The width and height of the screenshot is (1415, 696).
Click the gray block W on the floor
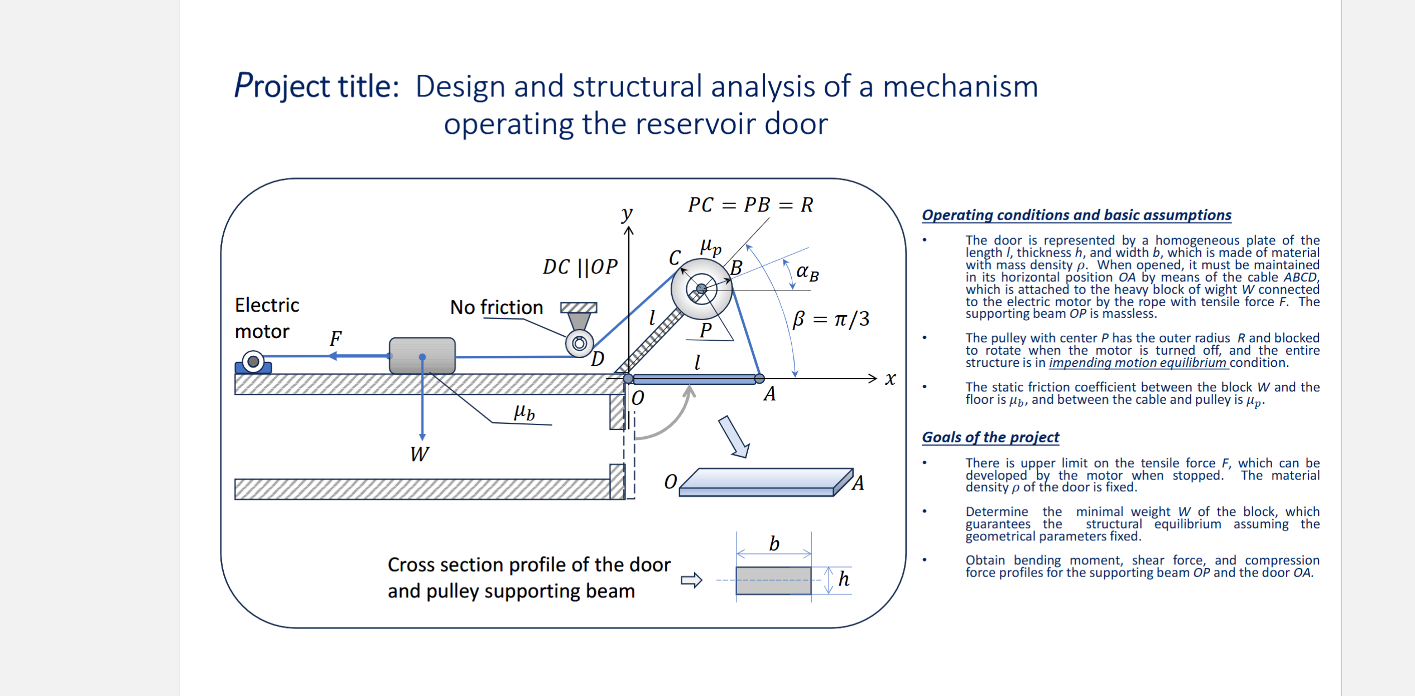pos(422,355)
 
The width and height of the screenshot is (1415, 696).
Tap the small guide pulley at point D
pos(579,344)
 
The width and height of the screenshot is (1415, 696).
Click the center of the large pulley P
pos(701,289)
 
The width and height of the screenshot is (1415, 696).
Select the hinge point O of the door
pos(628,379)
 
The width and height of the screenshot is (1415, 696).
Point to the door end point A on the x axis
pos(759,379)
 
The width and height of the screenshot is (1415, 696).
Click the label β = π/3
pos(831,319)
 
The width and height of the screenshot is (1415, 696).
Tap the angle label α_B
pos(807,273)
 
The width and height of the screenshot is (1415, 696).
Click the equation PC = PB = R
pos(750,205)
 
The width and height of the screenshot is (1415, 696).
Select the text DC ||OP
pos(580,267)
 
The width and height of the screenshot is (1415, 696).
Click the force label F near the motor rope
pos(335,339)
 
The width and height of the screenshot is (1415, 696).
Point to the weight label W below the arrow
pos(419,454)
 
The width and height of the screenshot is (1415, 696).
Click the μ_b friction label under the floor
pos(524,413)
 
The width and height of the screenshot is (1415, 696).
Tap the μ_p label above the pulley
pos(710,246)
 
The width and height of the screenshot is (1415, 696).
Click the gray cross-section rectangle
pos(773,581)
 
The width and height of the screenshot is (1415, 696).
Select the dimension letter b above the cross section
pos(774,544)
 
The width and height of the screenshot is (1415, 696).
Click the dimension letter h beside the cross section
pos(844,579)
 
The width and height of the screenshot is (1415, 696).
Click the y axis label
pos(627,213)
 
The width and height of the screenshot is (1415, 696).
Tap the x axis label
pos(890,379)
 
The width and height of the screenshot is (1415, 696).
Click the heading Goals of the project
pos(990,437)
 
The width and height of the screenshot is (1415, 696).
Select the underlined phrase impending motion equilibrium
pos(1138,362)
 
